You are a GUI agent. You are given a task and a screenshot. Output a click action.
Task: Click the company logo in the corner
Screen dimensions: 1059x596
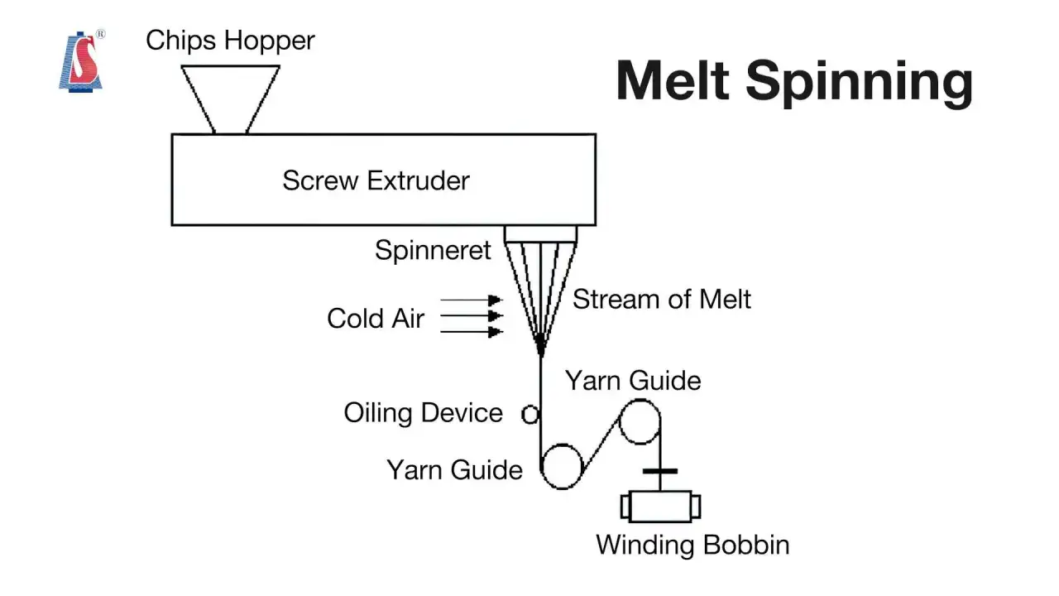tap(81, 60)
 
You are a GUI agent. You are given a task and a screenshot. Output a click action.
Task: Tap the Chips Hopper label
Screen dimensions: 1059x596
tap(230, 41)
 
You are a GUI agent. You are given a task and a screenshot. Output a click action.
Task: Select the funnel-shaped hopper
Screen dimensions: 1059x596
tap(230, 99)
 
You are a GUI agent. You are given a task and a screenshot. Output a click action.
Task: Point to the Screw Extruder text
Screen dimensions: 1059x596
tap(376, 180)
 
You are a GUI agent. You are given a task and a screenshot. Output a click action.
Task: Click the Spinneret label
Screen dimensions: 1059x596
tap(433, 250)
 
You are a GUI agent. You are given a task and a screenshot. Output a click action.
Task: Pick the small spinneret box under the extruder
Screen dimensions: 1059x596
tap(541, 234)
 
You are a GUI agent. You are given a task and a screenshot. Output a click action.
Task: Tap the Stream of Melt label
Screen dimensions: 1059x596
tap(662, 300)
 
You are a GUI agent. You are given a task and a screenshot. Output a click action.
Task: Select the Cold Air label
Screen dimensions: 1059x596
tap(376, 318)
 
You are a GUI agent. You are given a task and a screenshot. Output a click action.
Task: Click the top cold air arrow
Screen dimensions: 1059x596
tap(471, 300)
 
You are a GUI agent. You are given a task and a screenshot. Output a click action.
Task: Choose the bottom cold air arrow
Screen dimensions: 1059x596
tap(471, 332)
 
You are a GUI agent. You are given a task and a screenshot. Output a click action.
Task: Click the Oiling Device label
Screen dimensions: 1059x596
tap(423, 413)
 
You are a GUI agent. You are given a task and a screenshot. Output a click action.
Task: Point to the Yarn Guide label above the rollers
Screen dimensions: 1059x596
tap(633, 381)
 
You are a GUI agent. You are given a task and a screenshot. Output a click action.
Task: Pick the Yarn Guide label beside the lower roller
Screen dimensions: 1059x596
tap(455, 470)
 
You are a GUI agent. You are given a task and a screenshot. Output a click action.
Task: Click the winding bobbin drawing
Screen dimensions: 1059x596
tap(660, 507)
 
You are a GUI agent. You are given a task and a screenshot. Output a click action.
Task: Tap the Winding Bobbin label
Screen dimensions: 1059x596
tap(692, 545)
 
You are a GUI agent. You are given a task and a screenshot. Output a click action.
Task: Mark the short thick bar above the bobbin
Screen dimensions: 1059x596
tap(660, 471)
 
